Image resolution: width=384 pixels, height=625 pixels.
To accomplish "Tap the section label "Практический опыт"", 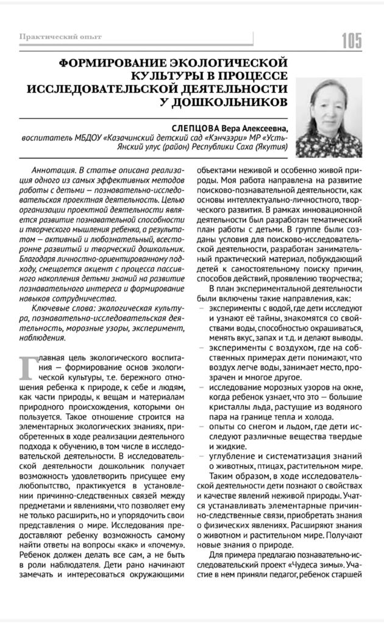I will tap(60, 37).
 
